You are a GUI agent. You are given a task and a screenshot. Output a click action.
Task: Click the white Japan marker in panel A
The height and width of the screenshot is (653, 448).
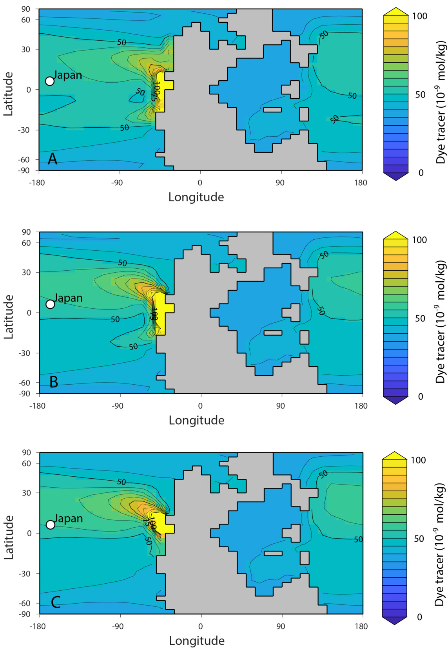50,81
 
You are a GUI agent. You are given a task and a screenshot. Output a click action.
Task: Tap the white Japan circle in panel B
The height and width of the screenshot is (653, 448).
50,304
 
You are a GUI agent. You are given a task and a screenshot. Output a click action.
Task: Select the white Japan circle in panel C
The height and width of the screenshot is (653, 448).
50,525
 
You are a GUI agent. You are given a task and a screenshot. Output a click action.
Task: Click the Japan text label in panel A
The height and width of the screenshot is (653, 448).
68,75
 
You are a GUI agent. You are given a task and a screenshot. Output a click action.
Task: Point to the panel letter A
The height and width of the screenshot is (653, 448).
52,159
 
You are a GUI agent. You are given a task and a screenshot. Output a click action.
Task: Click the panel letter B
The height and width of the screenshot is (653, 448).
54,382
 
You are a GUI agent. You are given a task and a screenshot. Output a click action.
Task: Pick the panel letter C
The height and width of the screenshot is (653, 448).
55,602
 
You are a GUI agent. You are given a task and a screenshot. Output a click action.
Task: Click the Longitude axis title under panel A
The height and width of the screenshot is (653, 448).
196,197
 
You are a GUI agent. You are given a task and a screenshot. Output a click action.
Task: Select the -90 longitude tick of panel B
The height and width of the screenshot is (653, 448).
117,406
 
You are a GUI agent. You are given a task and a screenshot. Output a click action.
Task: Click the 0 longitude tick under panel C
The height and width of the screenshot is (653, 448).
201,626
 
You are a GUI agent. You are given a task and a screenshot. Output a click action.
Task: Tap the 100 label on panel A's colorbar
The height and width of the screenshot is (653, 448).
420,16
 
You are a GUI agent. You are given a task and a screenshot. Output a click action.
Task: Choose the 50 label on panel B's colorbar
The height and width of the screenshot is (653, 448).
420,318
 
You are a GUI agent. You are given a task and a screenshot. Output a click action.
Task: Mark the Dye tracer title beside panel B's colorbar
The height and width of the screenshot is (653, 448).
441,318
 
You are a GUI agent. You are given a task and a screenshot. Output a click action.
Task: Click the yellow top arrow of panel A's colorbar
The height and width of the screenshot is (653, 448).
396,11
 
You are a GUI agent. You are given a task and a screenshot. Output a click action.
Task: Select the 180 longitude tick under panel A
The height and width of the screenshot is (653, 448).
361,183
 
